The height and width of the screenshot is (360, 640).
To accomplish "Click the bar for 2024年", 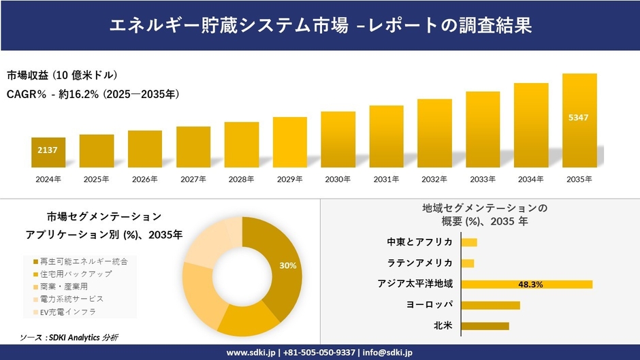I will click(x=48, y=153).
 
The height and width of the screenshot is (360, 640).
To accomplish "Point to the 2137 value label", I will click(x=47, y=149).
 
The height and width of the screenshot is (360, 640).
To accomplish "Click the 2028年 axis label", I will click(x=242, y=179).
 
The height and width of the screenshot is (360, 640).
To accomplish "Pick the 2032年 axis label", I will click(x=434, y=179).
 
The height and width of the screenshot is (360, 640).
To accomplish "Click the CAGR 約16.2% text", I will click(x=93, y=94).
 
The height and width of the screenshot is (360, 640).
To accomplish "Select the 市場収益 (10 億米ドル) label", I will click(x=63, y=75).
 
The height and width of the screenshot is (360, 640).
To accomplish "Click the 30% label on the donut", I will click(x=287, y=265).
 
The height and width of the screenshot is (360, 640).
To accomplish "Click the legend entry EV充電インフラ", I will click(x=67, y=312).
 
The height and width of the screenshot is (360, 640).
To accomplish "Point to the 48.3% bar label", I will click(x=530, y=284).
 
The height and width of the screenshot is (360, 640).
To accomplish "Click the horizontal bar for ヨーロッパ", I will click(x=490, y=305).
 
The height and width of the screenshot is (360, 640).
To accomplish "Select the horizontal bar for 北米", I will click(x=485, y=326).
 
